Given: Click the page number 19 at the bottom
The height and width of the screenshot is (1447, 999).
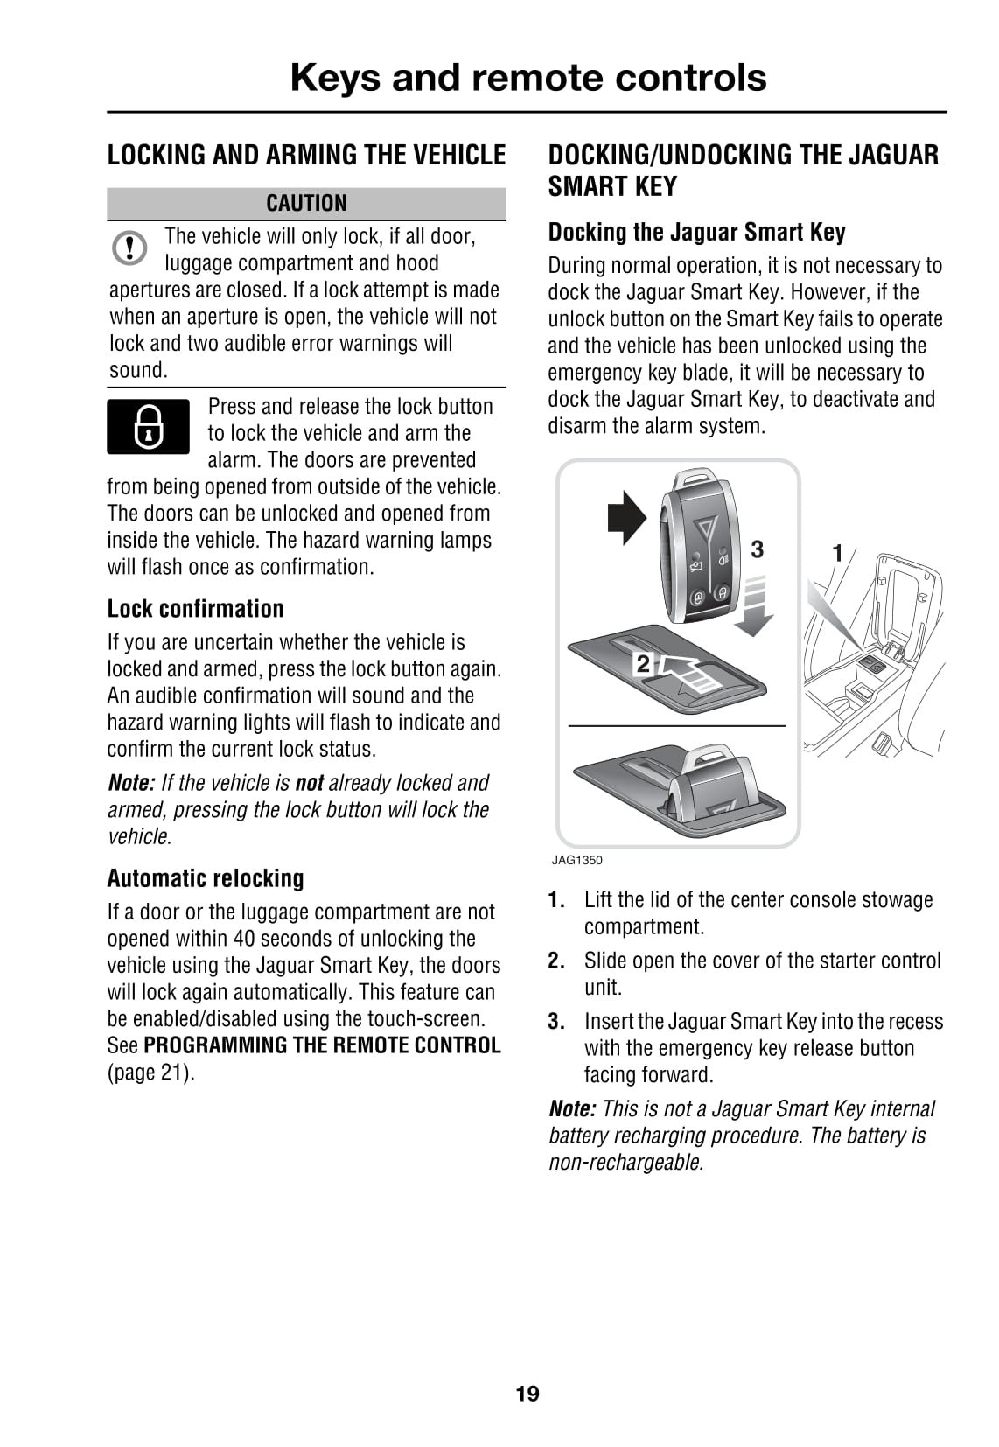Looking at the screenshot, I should (x=527, y=1393).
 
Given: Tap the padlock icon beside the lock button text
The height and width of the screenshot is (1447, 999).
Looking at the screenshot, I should (x=148, y=426).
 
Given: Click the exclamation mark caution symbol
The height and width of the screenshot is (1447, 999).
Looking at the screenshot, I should (x=129, y=248).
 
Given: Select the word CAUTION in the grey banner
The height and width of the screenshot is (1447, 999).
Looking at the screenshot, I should (x=306, y=203).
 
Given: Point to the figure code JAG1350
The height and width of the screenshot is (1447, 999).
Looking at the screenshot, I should (x=576, y=860).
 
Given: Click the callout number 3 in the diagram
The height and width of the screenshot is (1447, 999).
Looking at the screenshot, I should (x=758, y=549).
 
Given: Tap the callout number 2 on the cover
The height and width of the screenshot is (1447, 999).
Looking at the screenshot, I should (x=643, y=664).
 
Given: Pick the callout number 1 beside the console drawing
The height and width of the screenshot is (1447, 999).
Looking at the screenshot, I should (x=837, y=553).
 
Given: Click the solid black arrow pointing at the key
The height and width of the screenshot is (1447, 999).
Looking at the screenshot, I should (x=626, y=517).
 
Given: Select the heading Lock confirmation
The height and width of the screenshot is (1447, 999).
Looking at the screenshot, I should (x=195, y=608).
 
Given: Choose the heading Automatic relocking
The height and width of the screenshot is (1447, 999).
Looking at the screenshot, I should (x=206, y=877).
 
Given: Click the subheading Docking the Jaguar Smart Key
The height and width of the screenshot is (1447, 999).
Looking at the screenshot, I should (x=696, y=232).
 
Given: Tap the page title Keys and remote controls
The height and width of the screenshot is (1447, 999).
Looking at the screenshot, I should (x=527, y=77).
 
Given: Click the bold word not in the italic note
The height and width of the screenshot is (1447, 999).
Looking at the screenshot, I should (x=310, y=783).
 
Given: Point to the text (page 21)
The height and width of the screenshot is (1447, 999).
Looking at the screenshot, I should (x=150, y=1073).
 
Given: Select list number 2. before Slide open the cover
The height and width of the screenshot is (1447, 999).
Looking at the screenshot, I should (x=556, y=961).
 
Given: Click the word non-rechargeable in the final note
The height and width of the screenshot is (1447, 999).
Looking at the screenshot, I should (x=625, y=1163).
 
